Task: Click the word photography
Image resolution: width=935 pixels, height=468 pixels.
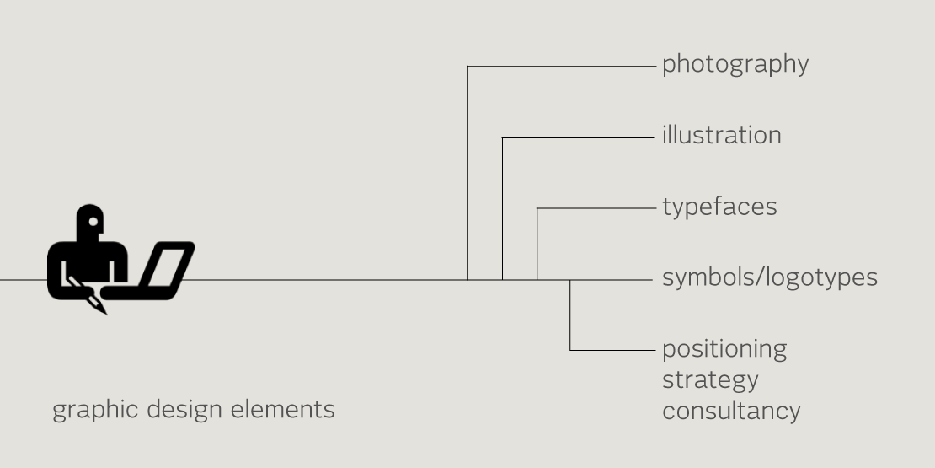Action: (x=735, y=64)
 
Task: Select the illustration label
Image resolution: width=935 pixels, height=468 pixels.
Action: (x=722, y=135)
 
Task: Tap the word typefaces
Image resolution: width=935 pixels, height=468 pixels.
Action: (x=719, y=207)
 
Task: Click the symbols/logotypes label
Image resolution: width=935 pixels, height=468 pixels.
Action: (x=770, y=277)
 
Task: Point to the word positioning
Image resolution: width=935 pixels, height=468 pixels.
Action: (x=724, y=350)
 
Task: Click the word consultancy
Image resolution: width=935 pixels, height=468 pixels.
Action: (x=731, y=412)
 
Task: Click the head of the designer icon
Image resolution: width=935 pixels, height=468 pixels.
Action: (x=90, y=221)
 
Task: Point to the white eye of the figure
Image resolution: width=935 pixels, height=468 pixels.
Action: (x=93, y=222)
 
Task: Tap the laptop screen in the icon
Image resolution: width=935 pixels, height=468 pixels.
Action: (x=168, y=265)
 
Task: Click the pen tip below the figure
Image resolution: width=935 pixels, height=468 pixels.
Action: (x=100, y=308)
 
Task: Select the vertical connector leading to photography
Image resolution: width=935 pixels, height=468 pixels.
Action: (x=467, y=173)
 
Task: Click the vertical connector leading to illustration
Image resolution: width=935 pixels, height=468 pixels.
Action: (x=502, y=209)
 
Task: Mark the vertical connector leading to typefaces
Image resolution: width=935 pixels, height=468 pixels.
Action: (x=537, y=244)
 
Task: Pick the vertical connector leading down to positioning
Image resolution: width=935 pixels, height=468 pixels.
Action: (x=570, y=315)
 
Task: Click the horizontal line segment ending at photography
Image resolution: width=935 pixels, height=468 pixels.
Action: (x=561, y=67)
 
